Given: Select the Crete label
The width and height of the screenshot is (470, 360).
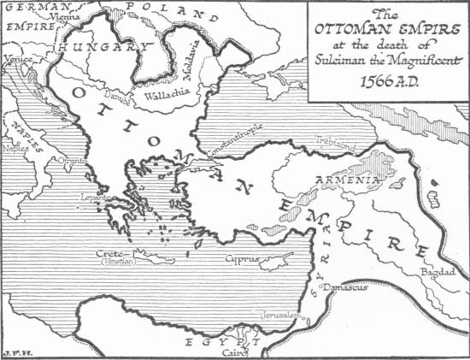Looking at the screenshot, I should [114, 254].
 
